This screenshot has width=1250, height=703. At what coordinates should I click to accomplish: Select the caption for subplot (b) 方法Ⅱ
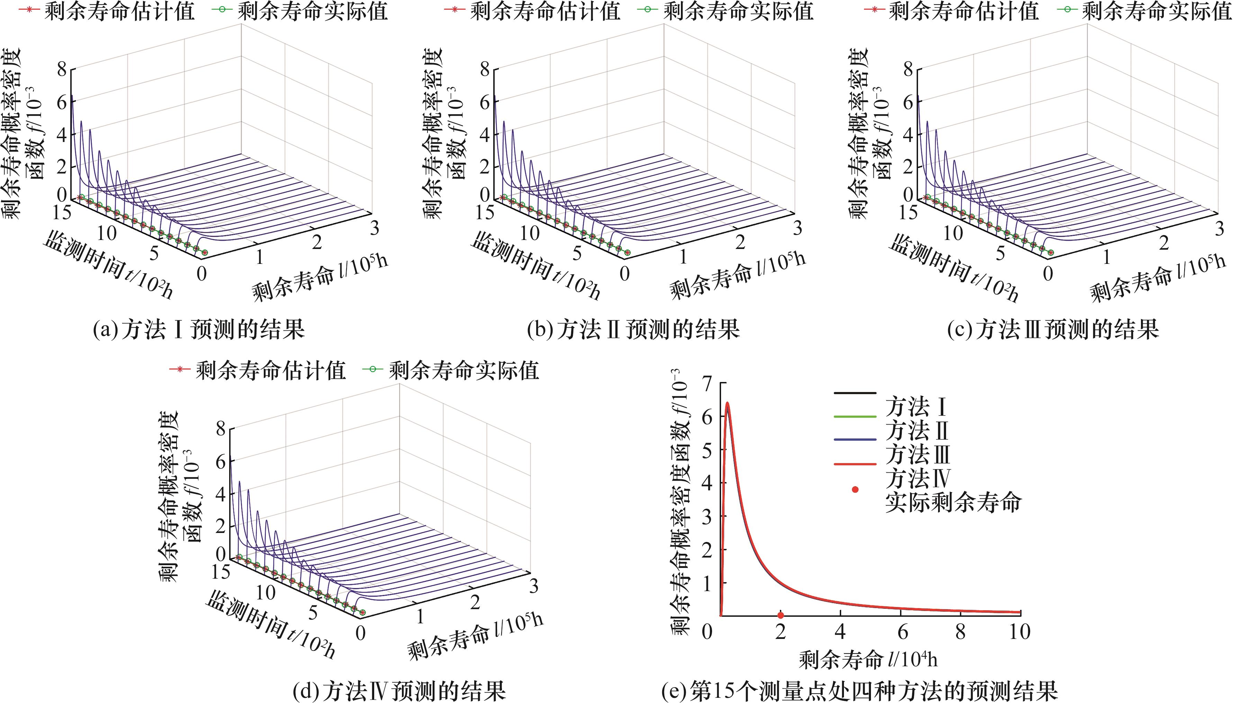pos(633,330)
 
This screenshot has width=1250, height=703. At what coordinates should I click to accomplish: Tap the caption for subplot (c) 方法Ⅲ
pos(1053,330)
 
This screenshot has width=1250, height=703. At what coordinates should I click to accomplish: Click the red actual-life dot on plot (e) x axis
pos(780,615)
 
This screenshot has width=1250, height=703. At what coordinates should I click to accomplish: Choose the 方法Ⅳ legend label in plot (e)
pos(917,478)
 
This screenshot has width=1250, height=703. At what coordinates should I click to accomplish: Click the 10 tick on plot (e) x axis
pos(1019,632)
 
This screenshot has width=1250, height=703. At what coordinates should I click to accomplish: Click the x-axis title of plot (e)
pos(868,660)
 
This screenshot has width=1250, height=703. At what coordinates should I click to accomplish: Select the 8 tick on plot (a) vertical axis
pos(62,69)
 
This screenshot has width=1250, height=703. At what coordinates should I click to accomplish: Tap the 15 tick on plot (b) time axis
pos(485,212)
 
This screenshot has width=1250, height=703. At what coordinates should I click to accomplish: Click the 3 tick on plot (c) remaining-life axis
pos(1220,229)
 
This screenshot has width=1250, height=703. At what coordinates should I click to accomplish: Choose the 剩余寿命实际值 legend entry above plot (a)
pos(313,11)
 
